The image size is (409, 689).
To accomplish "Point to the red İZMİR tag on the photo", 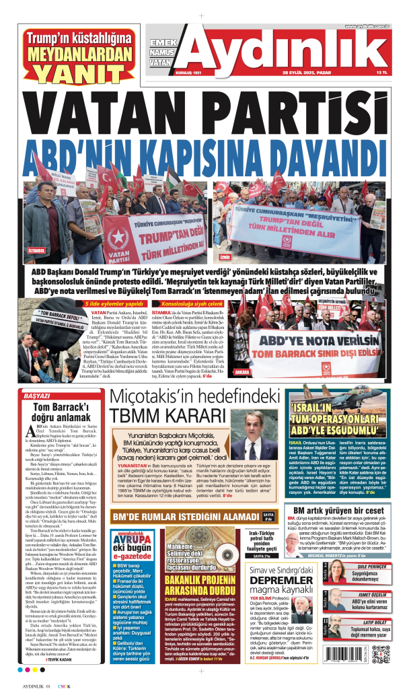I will [225, 257].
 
